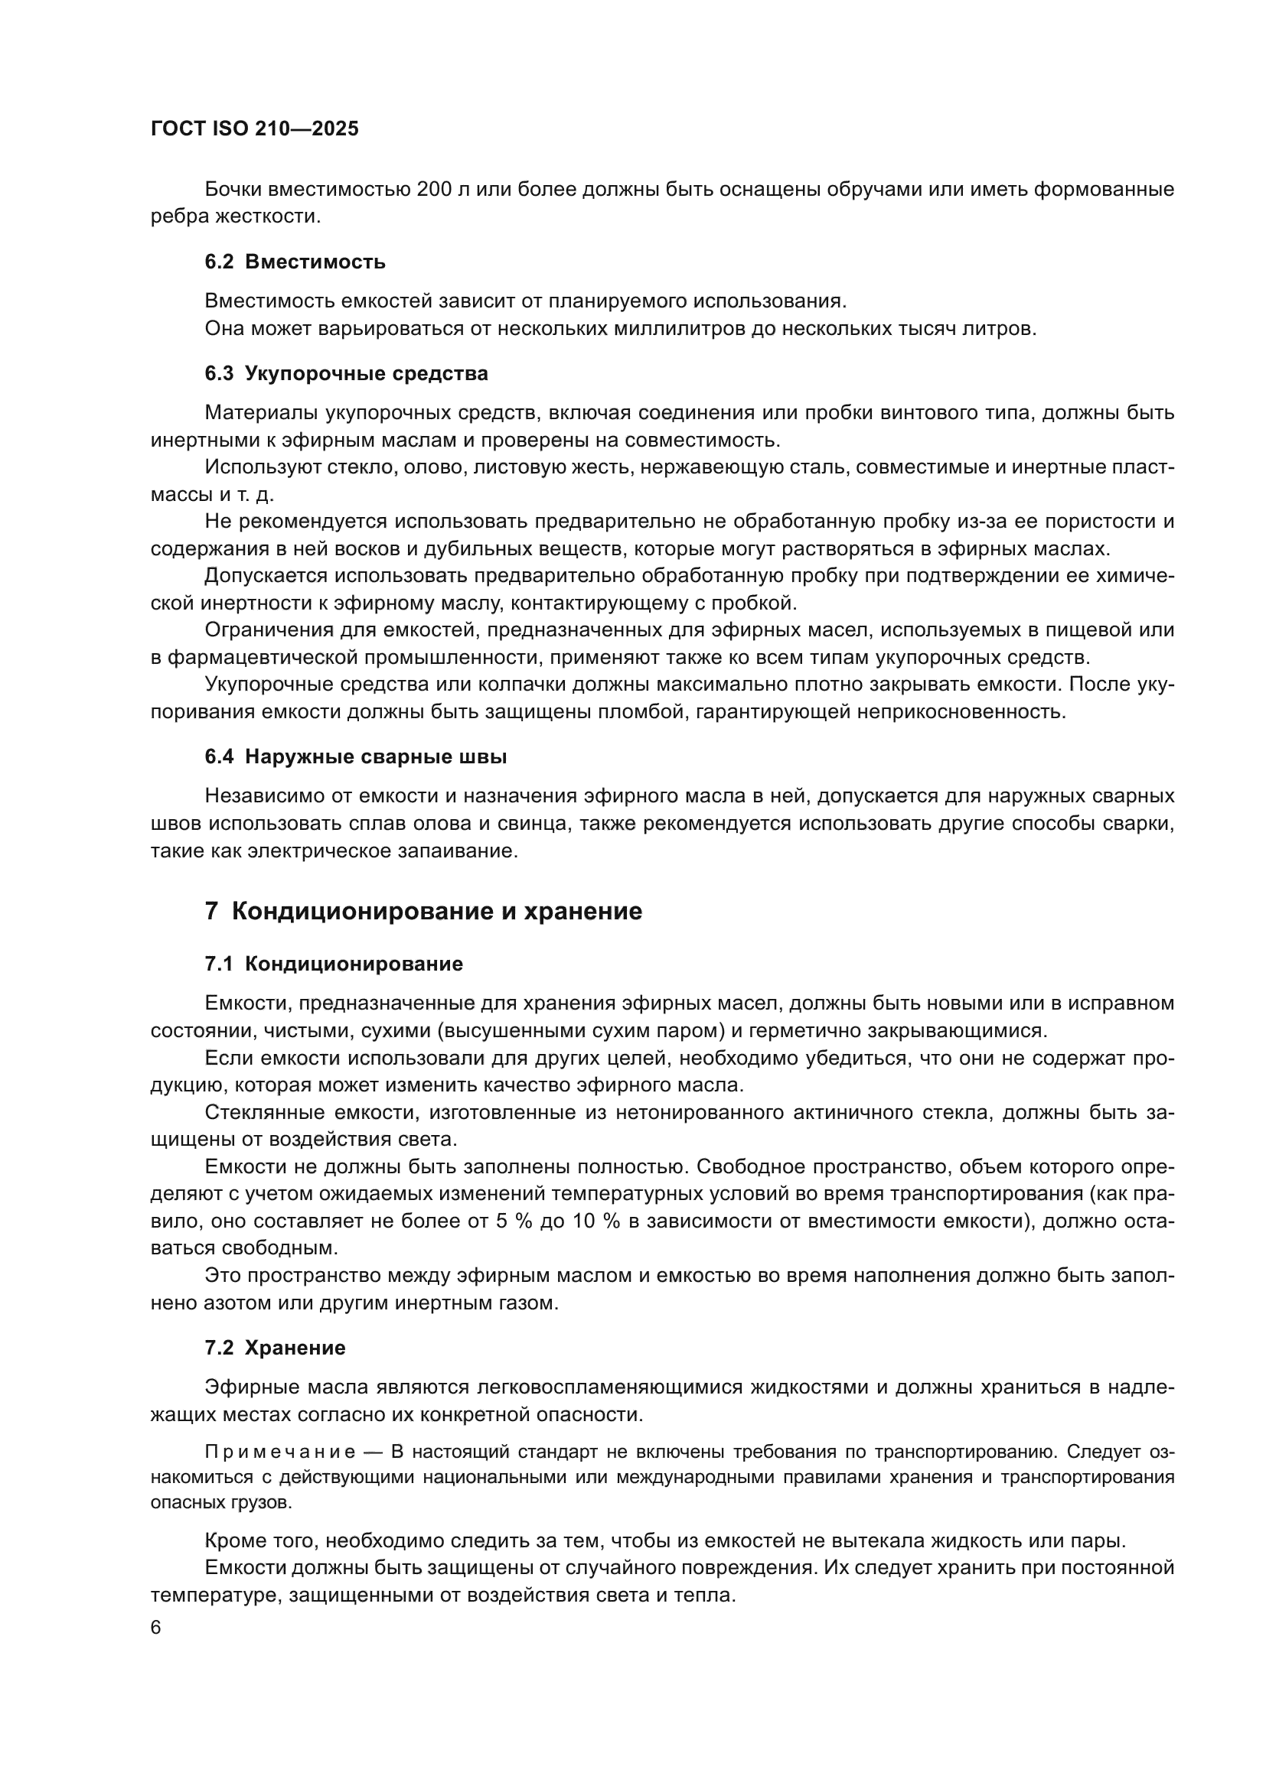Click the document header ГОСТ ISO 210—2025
pyautogui.click(x=254, y=129)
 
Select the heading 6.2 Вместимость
pyautogui.click(x=295, y=262)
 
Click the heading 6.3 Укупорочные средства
pyautogui.click(x=346, y=373)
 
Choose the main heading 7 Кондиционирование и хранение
pyautogui.click(x=423, y=911)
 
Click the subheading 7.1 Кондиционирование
pyautogui.click(x=334, y=964)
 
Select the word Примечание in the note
pyautogui.click(x=281, y=1452)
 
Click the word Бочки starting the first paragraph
pyautogui.click(x=233, y=190)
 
